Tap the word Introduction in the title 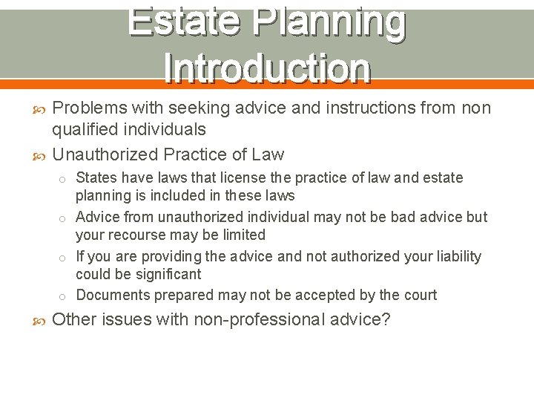click(267, 68)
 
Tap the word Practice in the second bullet click(194, 154)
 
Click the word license click(224, 178)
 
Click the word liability click(455, 257)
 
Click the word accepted click(323, 296)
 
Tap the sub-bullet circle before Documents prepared click(65, 296)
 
